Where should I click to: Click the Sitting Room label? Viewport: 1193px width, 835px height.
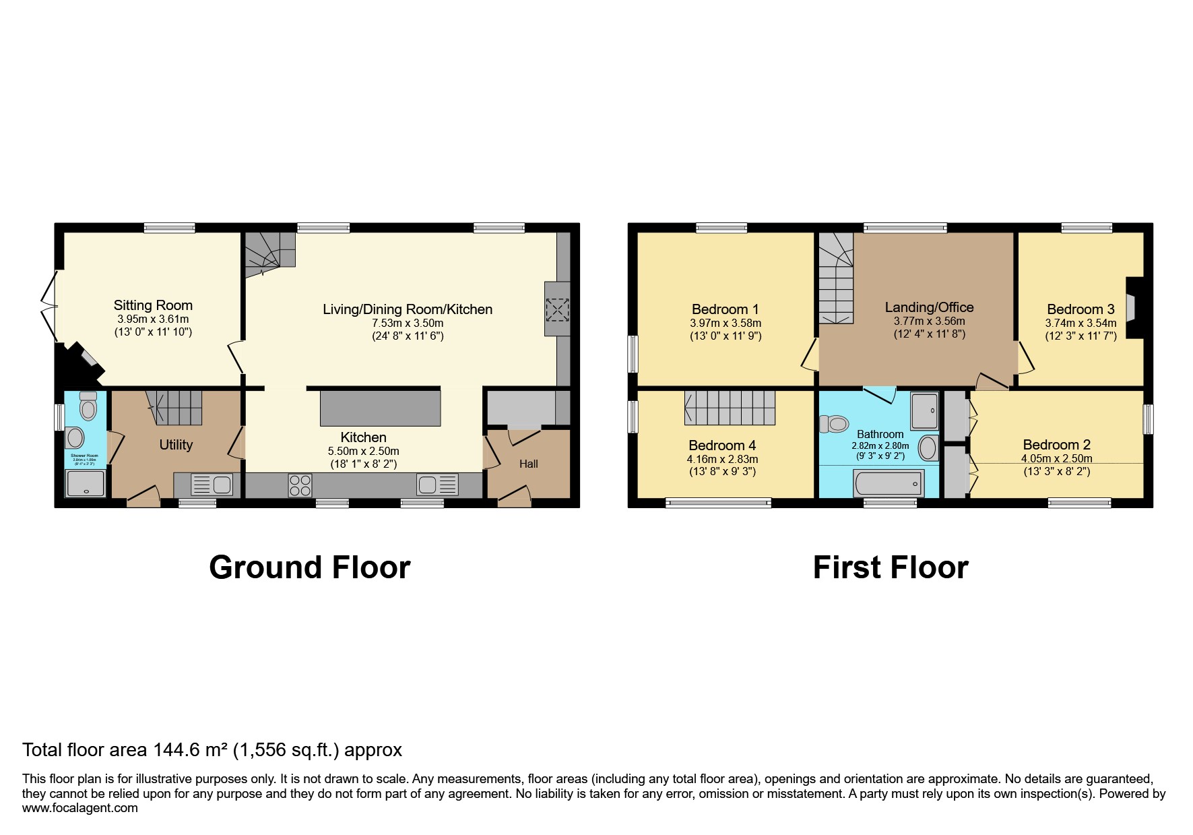[x=153, y=305]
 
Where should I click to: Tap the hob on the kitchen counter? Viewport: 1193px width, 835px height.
[x=300, y=485]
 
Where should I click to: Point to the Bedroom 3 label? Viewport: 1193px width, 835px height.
[x=1081, y=309]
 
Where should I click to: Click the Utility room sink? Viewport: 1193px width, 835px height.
[x=212, y=485]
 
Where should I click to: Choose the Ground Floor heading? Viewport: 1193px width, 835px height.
[x=309, y=567]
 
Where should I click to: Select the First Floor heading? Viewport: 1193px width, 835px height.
[x=890, y=567]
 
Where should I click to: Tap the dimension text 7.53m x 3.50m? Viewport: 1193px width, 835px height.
[x=408, y=323]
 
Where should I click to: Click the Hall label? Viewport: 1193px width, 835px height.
[x=528, y=464]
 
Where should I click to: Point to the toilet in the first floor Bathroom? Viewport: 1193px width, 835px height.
[x=834, y=423]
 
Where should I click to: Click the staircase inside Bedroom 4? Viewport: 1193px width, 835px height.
[x=730, y=408]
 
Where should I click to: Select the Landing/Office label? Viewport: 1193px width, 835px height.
[x=929, y=307]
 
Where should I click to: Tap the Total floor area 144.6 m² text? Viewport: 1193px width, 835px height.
[x=212, y=749]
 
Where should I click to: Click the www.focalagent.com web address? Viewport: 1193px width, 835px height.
[x=79, y=808]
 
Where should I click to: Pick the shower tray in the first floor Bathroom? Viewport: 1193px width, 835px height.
[x=924, y=411]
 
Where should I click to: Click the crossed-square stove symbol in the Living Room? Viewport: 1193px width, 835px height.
[x=557, y=310]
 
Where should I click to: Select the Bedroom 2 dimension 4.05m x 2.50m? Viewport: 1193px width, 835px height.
[x=1056, y=458]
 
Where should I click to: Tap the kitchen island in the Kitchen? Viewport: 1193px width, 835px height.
[x=380, y=407]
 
